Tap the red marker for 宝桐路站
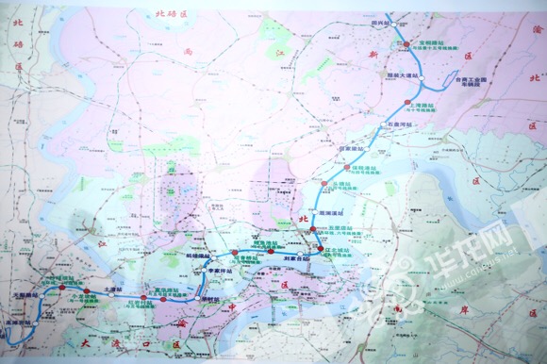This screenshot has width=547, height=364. (400, 43)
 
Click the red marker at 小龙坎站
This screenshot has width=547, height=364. (87, 290)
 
